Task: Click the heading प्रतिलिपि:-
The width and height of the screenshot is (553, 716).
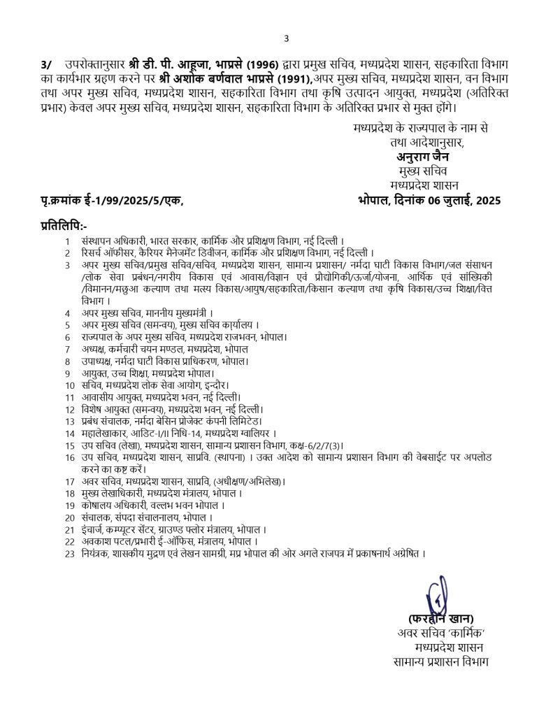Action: [x=64, y=226]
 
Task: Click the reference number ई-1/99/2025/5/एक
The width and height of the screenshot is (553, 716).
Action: [x=133, y=201]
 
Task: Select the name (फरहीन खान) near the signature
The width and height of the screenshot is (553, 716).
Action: [x=441, y=619]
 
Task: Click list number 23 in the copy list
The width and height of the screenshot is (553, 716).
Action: [x=69, y=553]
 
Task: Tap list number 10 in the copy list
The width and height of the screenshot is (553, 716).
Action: [x=69, y=385]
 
